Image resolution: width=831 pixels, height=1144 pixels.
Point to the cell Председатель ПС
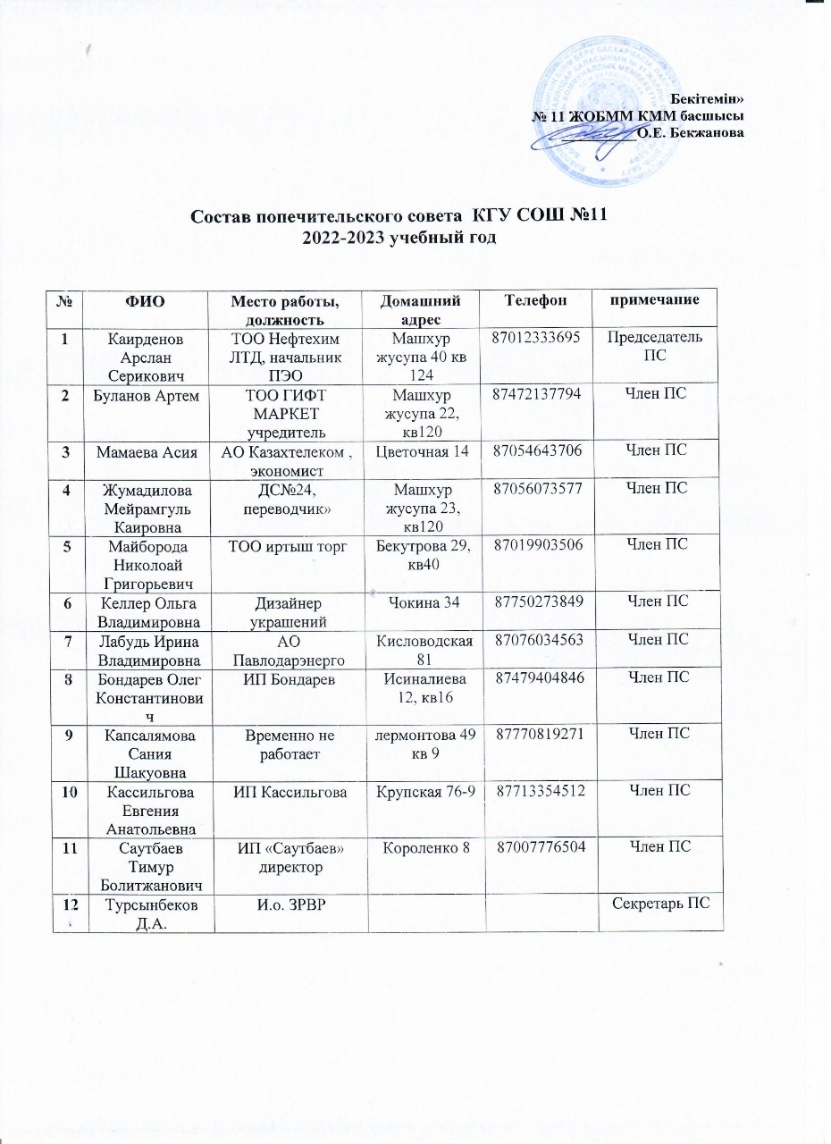(x=660, y=344)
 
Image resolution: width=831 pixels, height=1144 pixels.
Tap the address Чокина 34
(x=422, y=601)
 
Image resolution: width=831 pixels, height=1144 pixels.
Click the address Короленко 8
(x=422, y=845)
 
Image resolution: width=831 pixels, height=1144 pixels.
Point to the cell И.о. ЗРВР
(x=288, y=904)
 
